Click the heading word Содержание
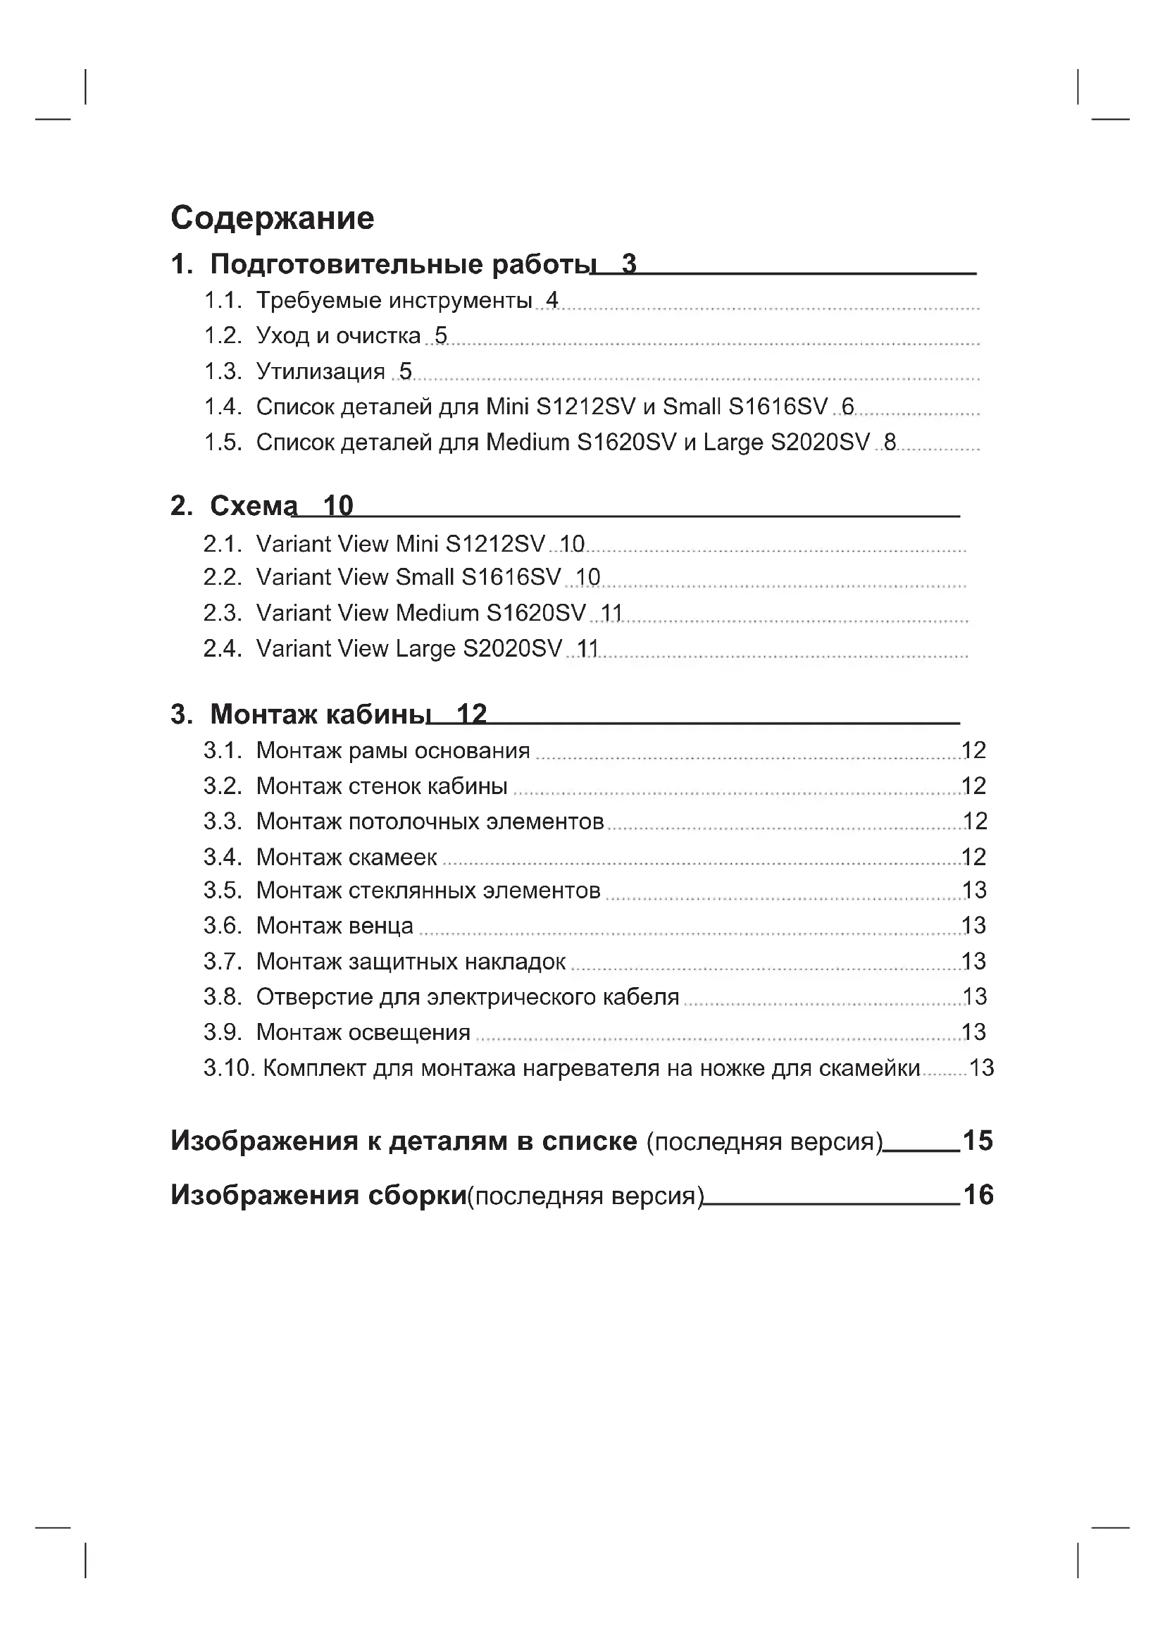[272, 218]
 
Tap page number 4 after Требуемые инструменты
[552, 300]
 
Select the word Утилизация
[320, 371]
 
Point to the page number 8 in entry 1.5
[890, 442]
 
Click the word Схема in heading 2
[253, 506]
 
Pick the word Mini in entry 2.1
[417, 544]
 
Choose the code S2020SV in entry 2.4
[512, 649]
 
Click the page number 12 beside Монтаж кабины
[471, 714]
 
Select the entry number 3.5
[223, 890]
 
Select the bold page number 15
[977, 1141]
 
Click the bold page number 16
[978, 1195]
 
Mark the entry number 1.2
[223, 336]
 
